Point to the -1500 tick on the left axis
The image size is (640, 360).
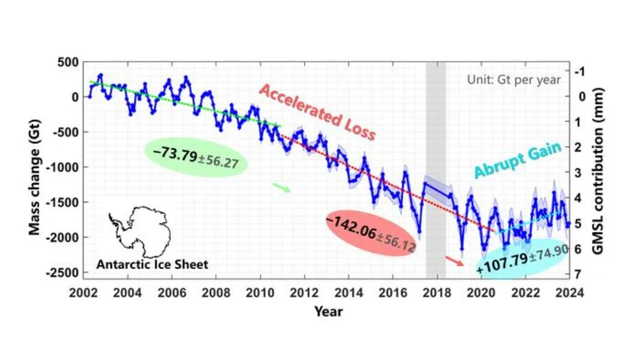(x=65, y=202)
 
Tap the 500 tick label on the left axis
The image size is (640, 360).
(x=69, y=62)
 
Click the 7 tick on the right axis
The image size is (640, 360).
(x=578, y=274)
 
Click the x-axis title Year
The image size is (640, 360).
(x=328, y=311)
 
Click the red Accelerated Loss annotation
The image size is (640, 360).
(x=317, y=112)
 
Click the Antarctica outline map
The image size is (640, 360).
(x=141, y=230)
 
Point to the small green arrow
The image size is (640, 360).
(x=281, y=189)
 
